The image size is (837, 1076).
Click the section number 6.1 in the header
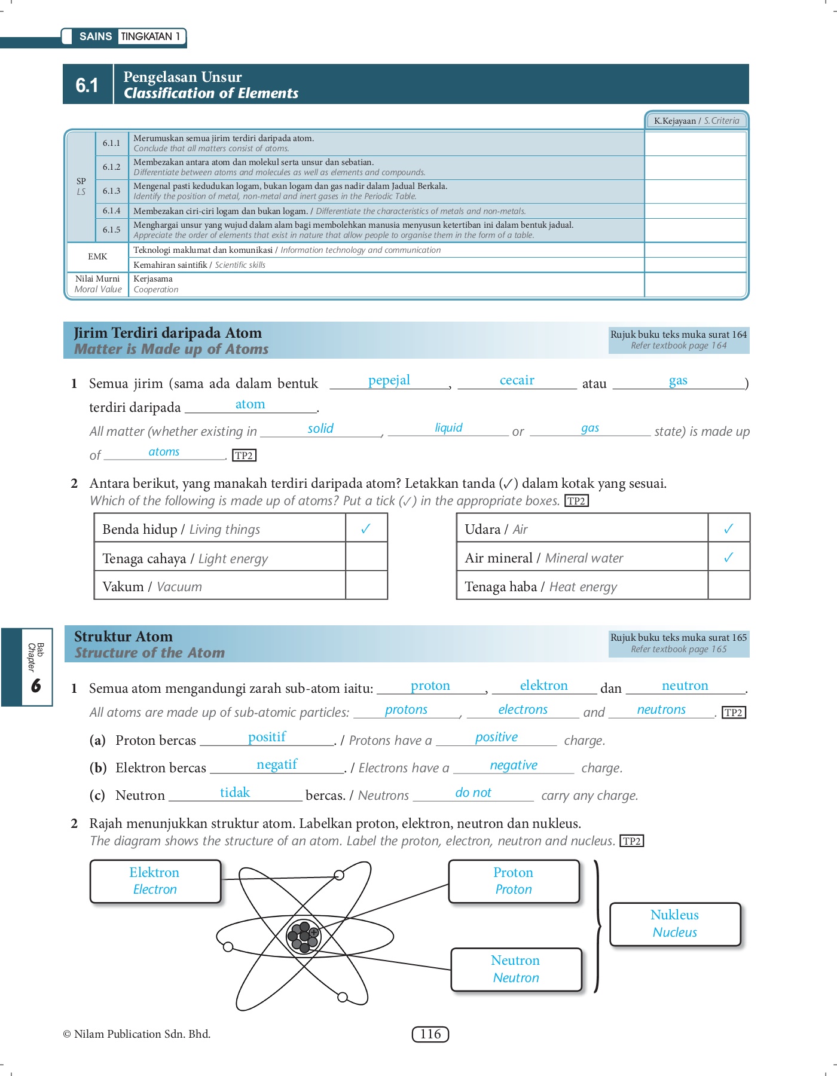[x=87, y=85]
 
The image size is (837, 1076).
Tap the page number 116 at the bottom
[x=430, y=1034]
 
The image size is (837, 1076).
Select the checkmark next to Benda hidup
[x=366, y=528]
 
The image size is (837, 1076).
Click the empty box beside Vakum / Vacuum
[x=366, y=586]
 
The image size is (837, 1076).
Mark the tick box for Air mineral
[x=728, y=558]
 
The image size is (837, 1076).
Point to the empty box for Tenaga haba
[x=728, y=586]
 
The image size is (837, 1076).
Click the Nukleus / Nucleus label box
[x=675, y=924]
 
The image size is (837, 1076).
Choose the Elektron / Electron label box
[x=155, y=881]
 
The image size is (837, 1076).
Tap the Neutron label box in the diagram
[x=516, y=969]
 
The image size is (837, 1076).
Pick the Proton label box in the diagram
[x=514, y=881]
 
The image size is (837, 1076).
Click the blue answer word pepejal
[x=389, y=380]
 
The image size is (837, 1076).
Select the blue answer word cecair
[x=517, y=380]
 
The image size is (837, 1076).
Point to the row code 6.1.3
[x=111, y=191]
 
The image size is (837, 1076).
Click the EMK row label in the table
[x=97, y=256]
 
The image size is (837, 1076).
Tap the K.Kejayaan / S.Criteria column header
[x=697, y=121]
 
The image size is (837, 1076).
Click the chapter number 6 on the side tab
[x=36, y=685]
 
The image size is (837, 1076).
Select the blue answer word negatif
[x=277, y=765]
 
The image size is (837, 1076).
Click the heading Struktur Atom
[x=123, y=637]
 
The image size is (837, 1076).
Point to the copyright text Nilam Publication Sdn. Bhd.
[x=137, y=1034]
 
